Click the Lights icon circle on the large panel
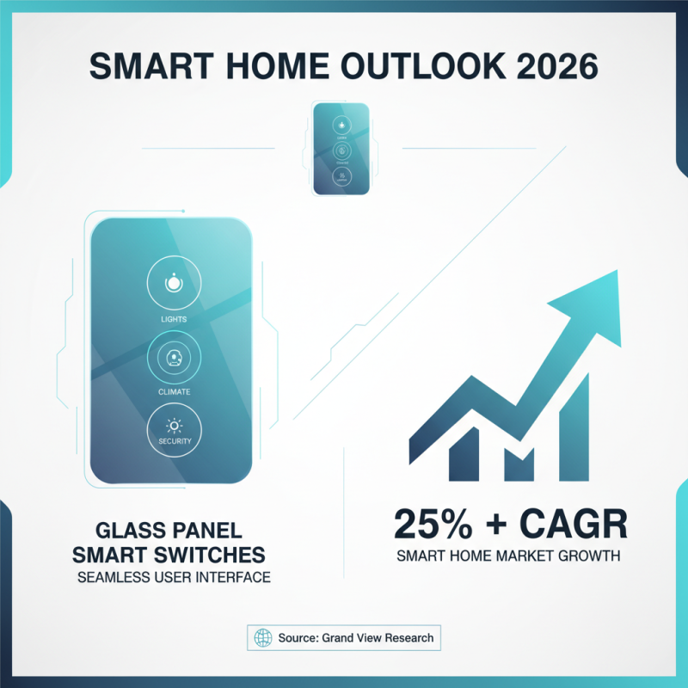pos(174,282)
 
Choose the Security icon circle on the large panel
pos(174,427)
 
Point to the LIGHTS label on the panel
pos(174,319)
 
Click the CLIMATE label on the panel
pos(174,391)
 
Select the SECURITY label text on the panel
pos(174,441)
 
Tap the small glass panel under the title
pos(341,149)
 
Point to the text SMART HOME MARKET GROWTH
pos(508,556)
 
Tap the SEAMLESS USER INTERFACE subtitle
pos(174,577)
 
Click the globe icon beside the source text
pos(263,638)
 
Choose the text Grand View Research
pos(376,638)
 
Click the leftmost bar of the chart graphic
pos(463,453)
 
